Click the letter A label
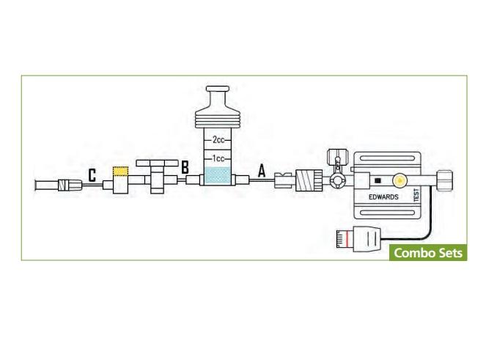click(262, 171)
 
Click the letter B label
click(185, 167)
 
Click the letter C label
click(92, 175)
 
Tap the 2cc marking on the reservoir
click(218, 139)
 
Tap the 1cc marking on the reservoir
click(218, 158)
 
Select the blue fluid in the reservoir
click(218, 176)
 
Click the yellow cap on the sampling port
click(121, 171)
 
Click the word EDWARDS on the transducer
click(383, 196)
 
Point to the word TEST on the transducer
click(416, 195)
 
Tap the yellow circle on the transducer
click(400, 180)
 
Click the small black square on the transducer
click(378, 180)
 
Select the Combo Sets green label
click(428, 252)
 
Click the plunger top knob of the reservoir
click(218, 89)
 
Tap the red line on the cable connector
click(347, 239)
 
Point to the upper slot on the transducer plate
click(387, 158)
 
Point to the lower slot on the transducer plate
click(387, 213)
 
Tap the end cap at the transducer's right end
click(445, 180)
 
